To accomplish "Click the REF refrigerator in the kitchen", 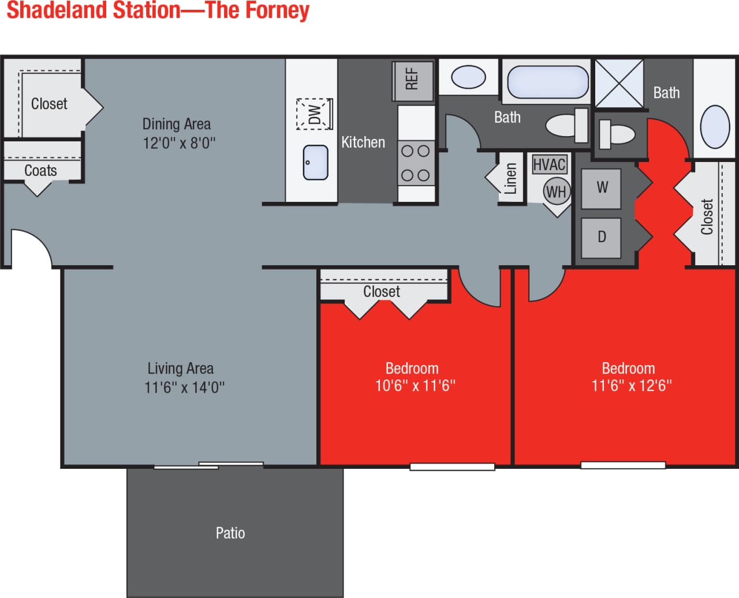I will point(413,80).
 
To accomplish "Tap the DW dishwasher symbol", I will point(315,114).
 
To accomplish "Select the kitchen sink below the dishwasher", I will point(316,162).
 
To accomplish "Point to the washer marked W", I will point(601,188).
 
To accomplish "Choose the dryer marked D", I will point(601,237).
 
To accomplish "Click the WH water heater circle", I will point(556,191).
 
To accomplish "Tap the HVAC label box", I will point(549,165).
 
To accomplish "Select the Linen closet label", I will point(510,178).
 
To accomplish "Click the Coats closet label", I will point(40,171).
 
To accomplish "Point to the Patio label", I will point(230,533).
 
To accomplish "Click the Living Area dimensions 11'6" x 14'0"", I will point(184,387).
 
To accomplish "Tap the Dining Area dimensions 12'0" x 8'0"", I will point(179,142).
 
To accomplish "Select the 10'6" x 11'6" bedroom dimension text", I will point(415,385).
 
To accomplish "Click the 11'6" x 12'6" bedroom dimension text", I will point(632,385).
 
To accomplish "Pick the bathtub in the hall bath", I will point(547,82).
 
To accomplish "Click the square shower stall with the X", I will point(619,84).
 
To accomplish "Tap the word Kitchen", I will point(363,142).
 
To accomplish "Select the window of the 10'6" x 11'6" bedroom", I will point(452,467).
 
